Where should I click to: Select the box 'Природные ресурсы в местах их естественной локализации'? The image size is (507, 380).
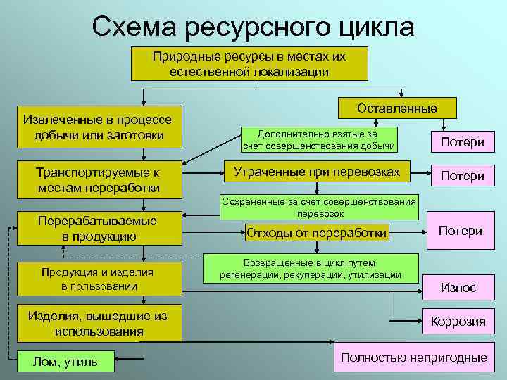(x=249, y=63)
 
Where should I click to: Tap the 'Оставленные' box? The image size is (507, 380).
(x=396, y=108)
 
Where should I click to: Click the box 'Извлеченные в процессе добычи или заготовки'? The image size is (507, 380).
(x=99, y=127)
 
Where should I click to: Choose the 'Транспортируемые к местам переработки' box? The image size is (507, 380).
(x=99, y=180)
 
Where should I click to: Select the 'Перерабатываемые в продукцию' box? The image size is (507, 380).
(x=99, y=229)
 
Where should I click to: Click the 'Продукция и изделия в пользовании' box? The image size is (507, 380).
(x=99, y=279)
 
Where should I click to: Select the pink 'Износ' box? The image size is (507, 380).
(x=458, y=287)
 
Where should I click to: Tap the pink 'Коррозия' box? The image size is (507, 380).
(x=458, y=322)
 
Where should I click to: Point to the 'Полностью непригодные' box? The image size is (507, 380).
(x=413, y=357)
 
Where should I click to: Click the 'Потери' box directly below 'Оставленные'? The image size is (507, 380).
(x=462, y=142)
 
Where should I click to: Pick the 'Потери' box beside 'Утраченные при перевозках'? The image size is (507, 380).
(x=462, y=175)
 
